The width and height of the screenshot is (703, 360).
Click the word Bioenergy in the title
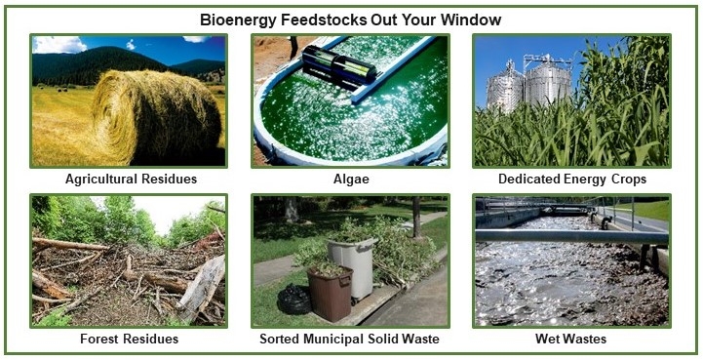pyautogui.click(x=238, y=20)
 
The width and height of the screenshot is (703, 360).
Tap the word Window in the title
pyautogui.click(x=472, y=20)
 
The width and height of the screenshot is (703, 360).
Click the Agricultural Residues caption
pyautogui.click(x=131, y=180)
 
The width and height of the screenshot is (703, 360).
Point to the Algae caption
pyautogui.click(x=350, y=180)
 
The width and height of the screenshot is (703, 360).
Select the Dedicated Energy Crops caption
pyautogui.click(x=572, y=180)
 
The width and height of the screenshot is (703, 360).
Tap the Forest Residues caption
pyautogui.click(x=129, y=340)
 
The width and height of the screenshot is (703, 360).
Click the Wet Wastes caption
pyautogui.click(x=571, y=340)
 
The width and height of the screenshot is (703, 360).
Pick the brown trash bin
pyautogui.click(x=329, y=293)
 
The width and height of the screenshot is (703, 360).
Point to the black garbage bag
pyautogui.click(x=293, y=299)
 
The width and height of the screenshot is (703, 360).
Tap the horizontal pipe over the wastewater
pyautogui.click(x=566, y=235)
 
